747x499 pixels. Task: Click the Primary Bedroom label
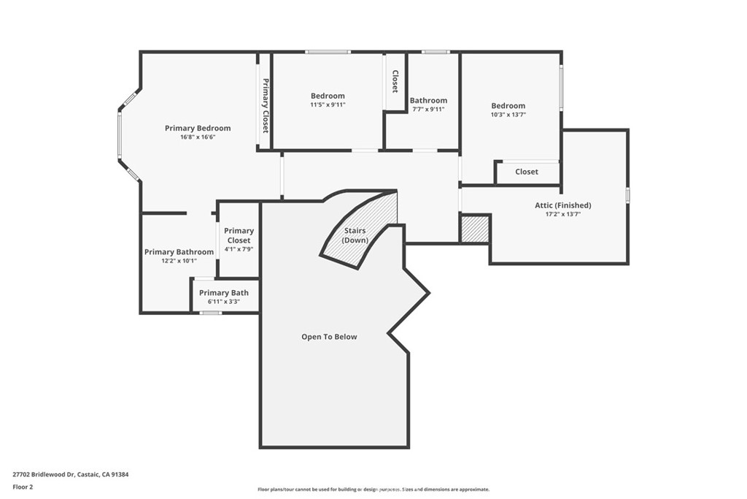(198, 128)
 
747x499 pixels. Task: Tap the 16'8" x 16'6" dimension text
(198, 137)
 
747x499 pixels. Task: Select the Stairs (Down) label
(355, 235)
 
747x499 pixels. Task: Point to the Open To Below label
(329, 337)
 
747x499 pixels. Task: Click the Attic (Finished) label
(563, 205)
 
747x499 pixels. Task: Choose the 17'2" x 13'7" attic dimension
(563, 214)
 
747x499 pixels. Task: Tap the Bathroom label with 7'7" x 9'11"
(429, 100)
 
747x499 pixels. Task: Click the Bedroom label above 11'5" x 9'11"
(328, 96)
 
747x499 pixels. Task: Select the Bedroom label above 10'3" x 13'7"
(508, 105)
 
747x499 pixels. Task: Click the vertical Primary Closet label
(266, 105)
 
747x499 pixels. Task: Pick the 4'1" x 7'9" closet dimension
(239, 249)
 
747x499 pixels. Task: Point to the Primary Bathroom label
(179, 252)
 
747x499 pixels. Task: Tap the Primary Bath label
(224, 293)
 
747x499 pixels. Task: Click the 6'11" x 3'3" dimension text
(224, 302)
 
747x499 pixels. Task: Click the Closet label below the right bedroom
(527, 172)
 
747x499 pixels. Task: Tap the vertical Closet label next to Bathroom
(395, 81)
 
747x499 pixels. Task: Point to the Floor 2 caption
(23, 487)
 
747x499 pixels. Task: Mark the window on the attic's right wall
(628, 196)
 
